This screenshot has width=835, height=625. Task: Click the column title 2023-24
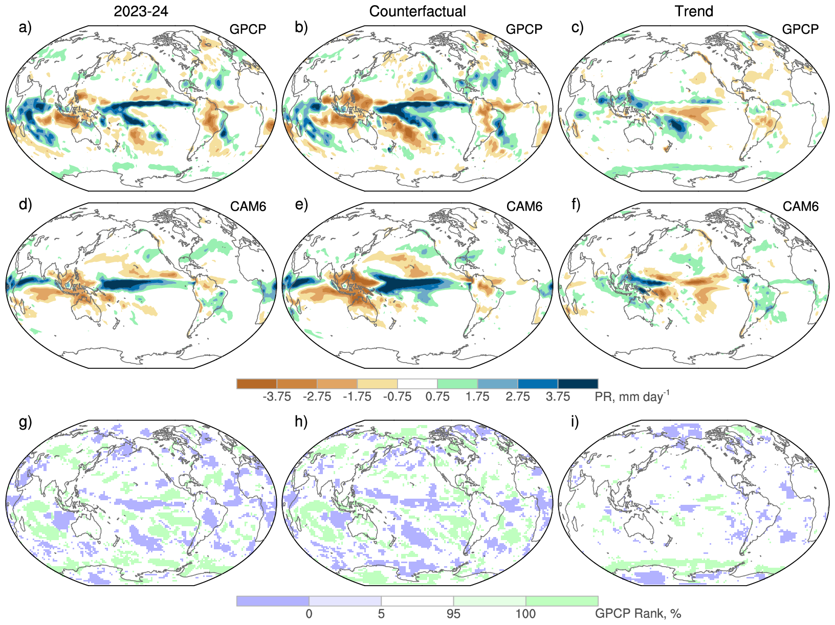(x=141, y=11)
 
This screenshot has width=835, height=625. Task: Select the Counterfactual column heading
(x=417, y=11)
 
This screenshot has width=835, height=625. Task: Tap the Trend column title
(x=694, y=11)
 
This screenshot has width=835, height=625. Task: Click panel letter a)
(x=25, y=27)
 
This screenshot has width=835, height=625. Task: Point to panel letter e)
(x=301, y=205)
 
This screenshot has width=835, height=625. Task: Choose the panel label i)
(x=575, y=422)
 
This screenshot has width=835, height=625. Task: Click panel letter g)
(x=25, y=422)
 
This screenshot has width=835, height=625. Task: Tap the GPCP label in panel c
(x=800, y=29)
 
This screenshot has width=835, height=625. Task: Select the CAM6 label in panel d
(x=248, y=207)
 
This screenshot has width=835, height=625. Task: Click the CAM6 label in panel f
(x=801, y=207)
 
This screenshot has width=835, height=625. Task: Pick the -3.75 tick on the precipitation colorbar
(x=277, y=397)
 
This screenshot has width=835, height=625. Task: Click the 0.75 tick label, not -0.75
(x=437, y=397)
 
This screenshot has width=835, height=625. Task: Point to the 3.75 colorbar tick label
(x=558, y=397)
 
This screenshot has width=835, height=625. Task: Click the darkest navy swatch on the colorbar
(x=578, y=384)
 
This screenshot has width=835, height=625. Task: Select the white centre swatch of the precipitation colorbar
(x=417, y=384)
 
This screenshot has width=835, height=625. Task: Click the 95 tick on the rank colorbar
(x=453, y=614)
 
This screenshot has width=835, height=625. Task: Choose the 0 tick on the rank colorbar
(x=309, y=614)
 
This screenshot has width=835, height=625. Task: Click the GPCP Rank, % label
(x=638, y=614)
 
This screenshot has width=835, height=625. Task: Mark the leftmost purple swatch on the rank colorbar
(x=273, y=601)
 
